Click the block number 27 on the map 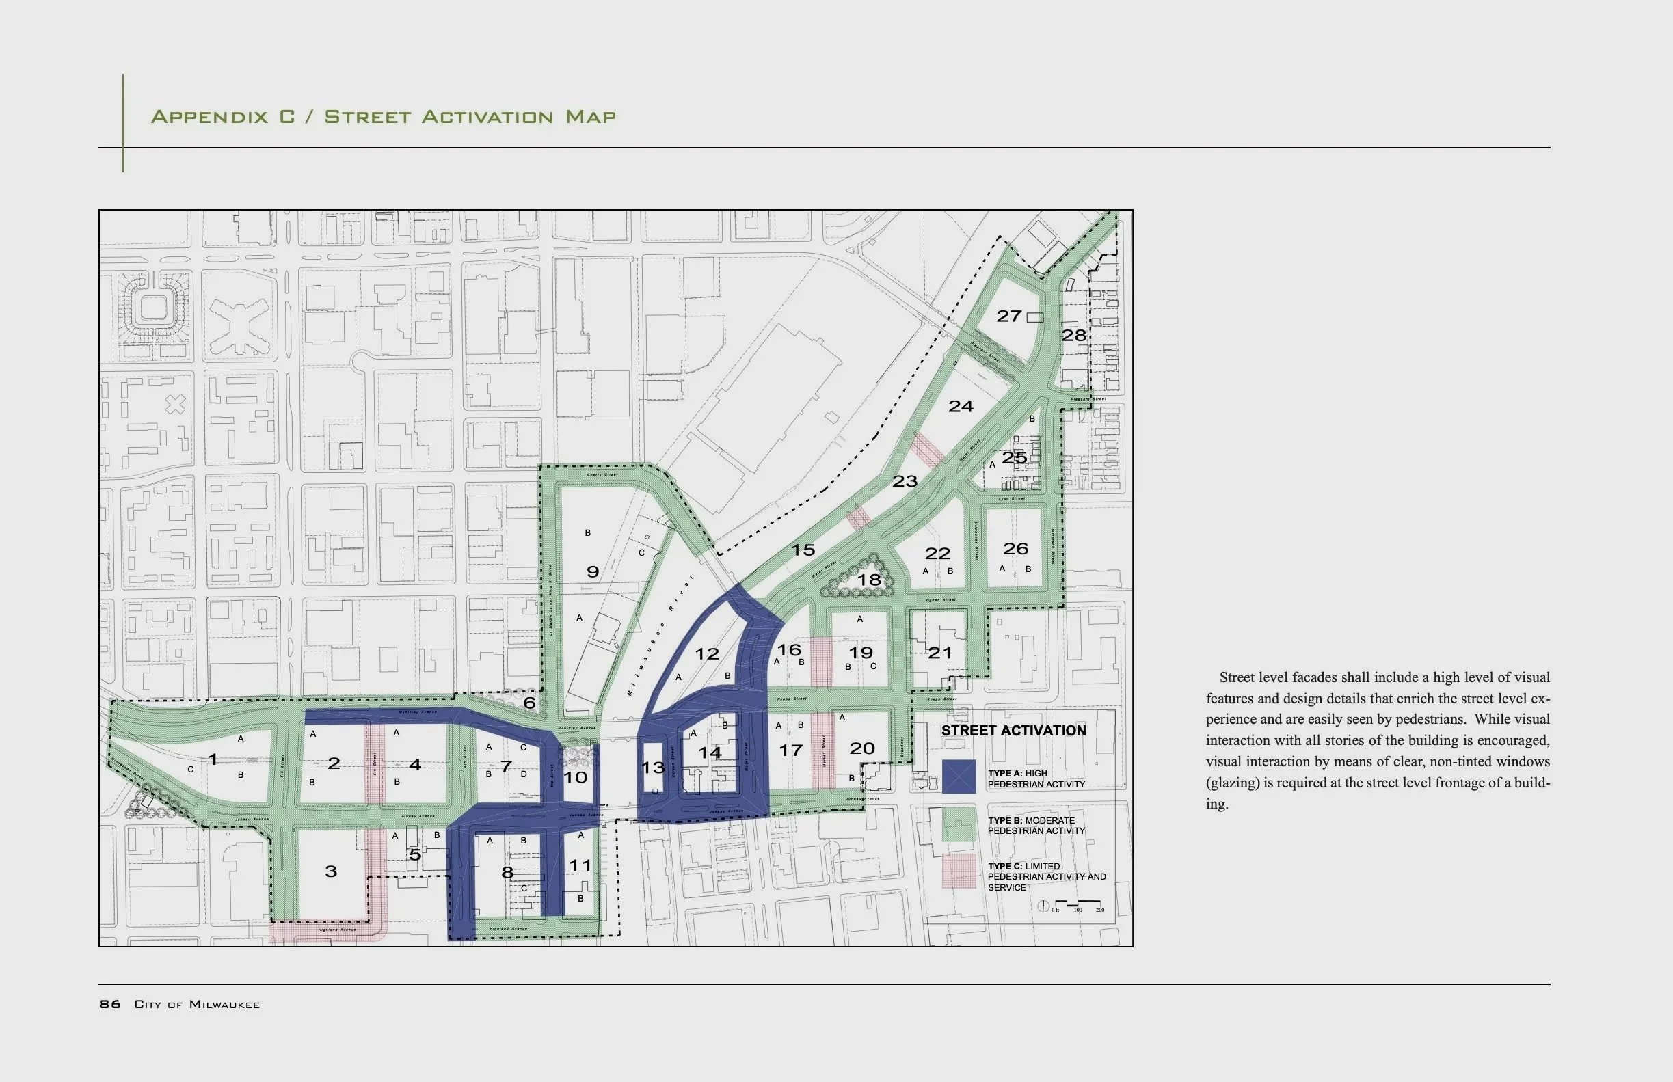1008,316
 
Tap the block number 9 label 592,572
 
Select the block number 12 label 707,654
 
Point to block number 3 331,872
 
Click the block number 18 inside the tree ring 868,580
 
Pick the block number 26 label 1015,549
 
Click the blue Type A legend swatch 959,777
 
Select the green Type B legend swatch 959,824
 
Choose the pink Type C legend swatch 959,871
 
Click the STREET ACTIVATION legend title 1013,731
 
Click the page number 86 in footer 109,1004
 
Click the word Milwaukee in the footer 224,1005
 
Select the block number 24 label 961,406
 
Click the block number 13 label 653,767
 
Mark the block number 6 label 529,703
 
